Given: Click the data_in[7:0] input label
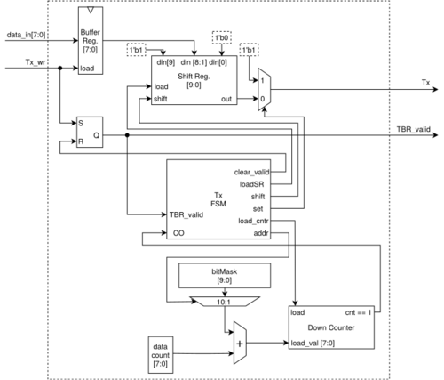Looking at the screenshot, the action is point(26,35).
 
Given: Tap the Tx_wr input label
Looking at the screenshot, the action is point(36,62).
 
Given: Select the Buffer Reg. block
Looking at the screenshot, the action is point(91,40).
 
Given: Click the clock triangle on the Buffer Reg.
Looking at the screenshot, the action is point(91,11).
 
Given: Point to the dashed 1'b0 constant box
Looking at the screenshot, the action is point(222,37).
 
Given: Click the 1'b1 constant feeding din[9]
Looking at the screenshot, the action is point(137,50).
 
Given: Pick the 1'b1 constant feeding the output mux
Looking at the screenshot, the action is point(249,50).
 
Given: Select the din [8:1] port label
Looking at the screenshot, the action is point(194,62).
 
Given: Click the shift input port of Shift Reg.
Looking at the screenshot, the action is point(161,99).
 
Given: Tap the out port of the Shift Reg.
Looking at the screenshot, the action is point(226,99).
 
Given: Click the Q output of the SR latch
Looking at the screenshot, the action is point(97,135).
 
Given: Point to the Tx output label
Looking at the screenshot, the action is point(425,82).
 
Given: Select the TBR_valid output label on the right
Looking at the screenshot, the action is point(413,129).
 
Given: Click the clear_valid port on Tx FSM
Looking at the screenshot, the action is point(251,172).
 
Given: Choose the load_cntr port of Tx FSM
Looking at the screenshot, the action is point(253,221).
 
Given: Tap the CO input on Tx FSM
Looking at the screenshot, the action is point(178,233).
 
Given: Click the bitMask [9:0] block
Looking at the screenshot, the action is point(225,276).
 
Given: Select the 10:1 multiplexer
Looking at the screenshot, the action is point(225,302).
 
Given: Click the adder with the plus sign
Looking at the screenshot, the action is point(240,343).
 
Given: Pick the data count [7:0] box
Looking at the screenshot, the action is point(161,355).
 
